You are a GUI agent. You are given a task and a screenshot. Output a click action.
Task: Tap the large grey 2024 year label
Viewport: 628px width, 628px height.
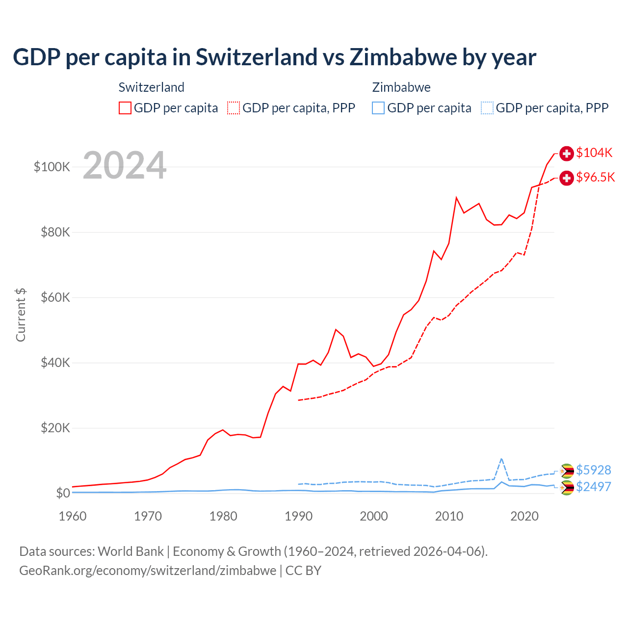click(125, 165)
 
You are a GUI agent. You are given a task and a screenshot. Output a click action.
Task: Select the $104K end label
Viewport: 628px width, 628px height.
click(594, 153)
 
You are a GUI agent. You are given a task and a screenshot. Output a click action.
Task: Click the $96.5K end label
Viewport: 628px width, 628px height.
click(595, 177)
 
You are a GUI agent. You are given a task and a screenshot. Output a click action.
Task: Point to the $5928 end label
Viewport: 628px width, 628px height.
click(593, 470)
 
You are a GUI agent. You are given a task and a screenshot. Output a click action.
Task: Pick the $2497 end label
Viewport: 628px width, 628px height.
click(593, 487)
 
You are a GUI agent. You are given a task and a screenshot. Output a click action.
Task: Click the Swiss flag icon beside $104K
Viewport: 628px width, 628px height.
click(567, 153)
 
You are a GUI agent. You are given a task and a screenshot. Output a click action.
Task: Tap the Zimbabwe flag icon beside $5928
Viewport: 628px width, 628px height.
click(567, 471)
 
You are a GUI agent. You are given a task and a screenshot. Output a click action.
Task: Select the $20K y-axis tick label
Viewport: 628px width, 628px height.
click(55, 428)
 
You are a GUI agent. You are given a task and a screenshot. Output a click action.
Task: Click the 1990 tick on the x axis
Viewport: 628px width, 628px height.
click(298, 516)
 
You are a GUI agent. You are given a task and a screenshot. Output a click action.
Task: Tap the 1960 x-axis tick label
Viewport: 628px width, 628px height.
click(73, 516)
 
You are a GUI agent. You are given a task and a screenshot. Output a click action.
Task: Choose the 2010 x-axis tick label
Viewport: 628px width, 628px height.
click(449, 516)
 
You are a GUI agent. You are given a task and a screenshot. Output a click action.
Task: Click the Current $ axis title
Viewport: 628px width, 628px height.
click(21, 314)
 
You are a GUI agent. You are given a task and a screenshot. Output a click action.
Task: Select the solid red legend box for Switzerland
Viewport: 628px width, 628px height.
click(125, 108)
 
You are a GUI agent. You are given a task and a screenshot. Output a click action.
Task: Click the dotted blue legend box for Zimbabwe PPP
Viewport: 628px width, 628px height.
click(487, 108)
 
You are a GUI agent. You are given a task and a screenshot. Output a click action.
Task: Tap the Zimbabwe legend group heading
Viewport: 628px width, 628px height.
click(401, 87)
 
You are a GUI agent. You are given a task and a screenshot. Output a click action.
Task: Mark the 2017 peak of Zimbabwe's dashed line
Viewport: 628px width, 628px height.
click(501, 459)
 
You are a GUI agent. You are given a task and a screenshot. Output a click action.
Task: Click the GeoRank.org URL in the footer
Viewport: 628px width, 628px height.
click(148, 571)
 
